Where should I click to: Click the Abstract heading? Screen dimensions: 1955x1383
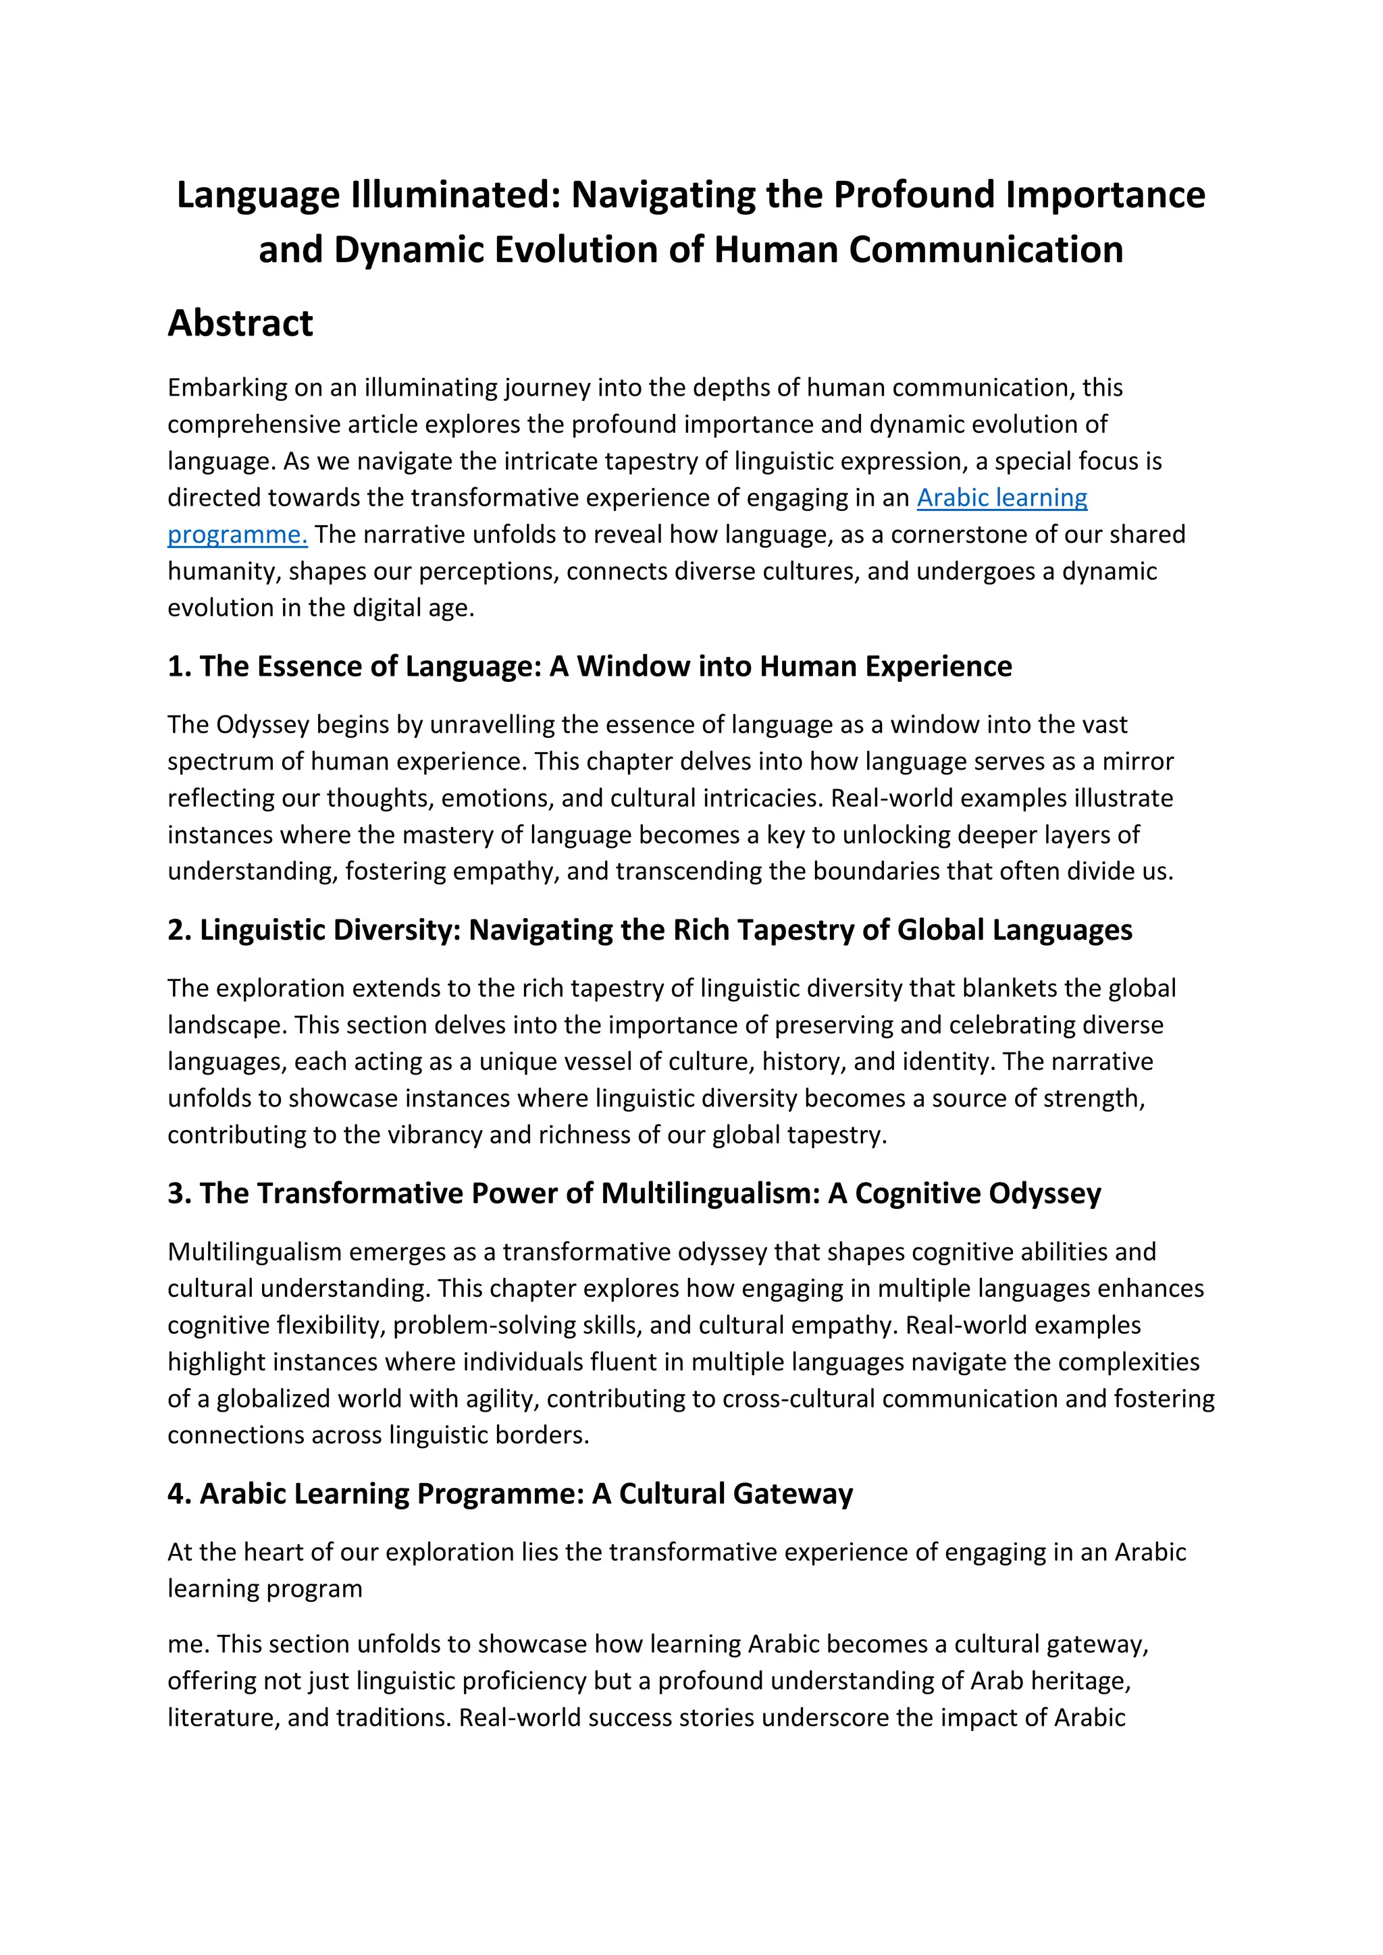[240, 323]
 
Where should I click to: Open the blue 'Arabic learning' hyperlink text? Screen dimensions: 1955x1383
[1001, 498]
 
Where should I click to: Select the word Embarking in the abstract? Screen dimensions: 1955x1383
[228, 388]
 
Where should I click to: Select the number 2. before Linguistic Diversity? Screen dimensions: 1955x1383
[180, 930]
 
